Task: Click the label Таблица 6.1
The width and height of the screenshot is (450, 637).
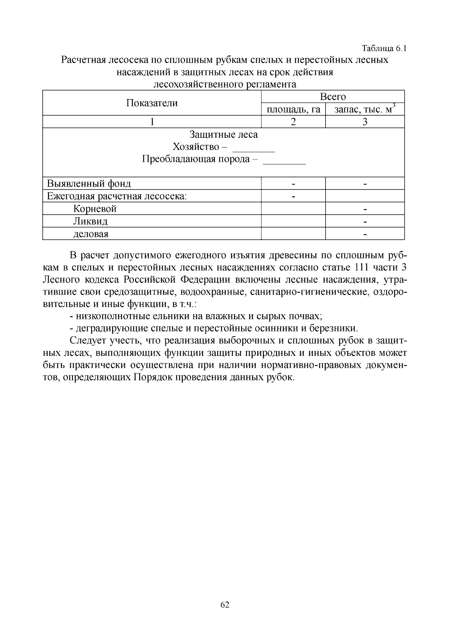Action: click(x=384, y=48)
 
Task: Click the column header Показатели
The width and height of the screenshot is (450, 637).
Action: click(x=151, y=103)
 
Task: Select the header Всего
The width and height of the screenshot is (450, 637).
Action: click(x=333, y=97)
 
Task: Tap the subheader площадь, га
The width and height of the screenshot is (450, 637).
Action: click(x=293, y=110)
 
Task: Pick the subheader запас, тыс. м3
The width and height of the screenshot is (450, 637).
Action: click(x=364, y=109)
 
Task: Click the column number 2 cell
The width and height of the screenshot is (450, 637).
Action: click(x=293, y=122)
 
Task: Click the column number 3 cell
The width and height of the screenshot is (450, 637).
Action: click(x=365, y=122)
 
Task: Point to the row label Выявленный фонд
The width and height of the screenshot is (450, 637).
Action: click(x=89, y=184)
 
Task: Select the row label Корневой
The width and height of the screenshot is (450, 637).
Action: click(x=95, y=209)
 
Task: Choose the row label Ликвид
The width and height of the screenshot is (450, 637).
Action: click(x=90, y=221)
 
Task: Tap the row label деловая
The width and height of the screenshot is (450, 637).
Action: click(x=91, y=234)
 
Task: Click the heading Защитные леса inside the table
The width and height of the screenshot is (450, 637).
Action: click(x=223, y=134)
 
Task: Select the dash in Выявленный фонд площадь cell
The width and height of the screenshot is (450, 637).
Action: click(x=293, y=184)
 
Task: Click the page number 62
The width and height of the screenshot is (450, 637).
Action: click(x=225, y=604)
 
